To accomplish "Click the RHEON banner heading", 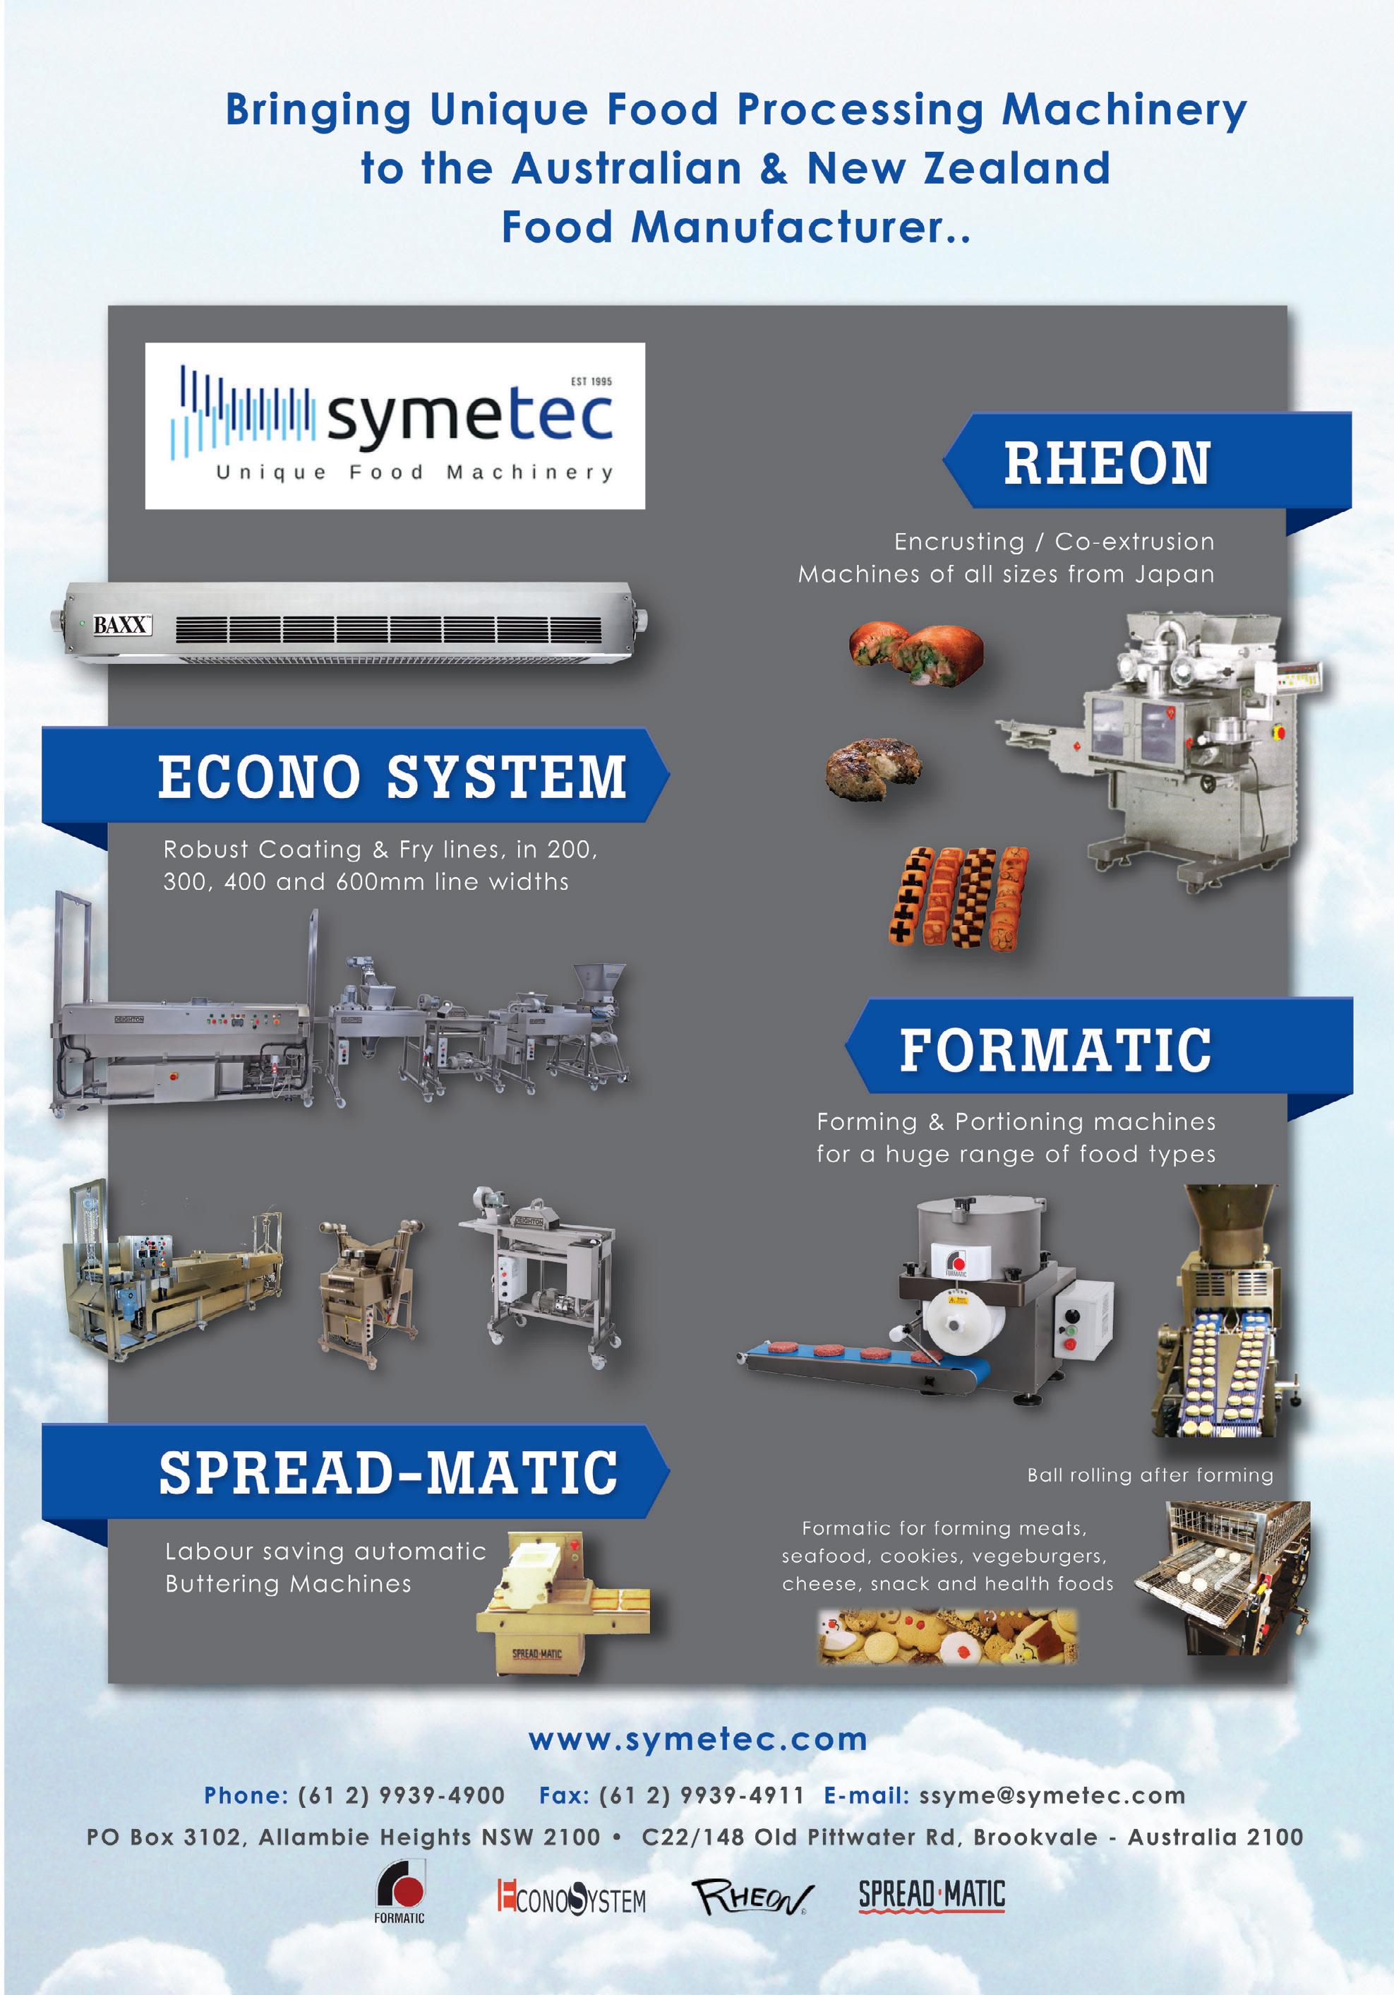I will point(1107,463).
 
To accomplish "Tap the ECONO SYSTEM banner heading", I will point(392,776).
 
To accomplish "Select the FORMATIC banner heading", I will point(1055,1049).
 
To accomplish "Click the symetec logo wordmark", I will point(469,418).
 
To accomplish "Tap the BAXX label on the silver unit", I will point(121,625).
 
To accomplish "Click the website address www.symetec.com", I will point(697,1739).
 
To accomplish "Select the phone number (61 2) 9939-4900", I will point(402,1795).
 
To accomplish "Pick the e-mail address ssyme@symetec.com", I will point(1052,1795).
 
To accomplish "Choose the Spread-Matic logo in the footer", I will point(931,1894).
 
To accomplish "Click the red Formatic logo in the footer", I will point(399,1890).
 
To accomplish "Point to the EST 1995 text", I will point(591,381).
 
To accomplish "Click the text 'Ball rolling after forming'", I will point(1150,1475).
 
